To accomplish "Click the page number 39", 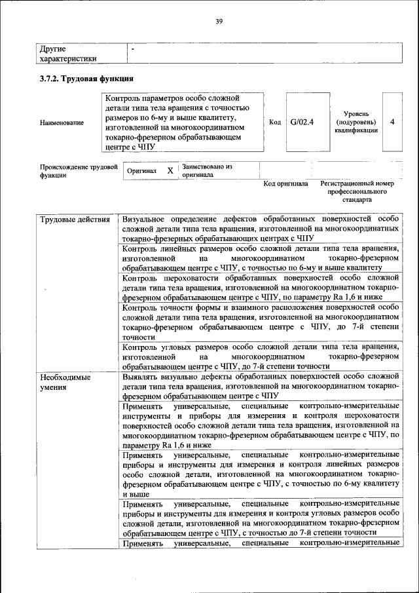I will (219, 22).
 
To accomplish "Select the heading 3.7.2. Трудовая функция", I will (82, 79).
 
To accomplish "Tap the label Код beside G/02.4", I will (275, 122).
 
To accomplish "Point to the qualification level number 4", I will (392, 122).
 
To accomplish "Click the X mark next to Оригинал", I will (170, 170).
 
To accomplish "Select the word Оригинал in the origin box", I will (142, 171).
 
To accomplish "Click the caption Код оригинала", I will (285, 185).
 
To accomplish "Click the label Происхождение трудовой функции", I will (78, 171).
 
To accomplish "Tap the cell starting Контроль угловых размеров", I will (260, 356).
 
